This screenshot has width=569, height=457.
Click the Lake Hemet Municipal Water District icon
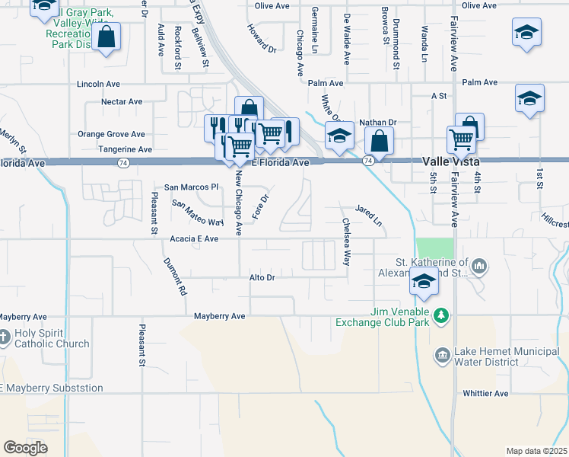(x=443, y=356)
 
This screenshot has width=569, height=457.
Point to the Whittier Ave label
(x=485, y=394)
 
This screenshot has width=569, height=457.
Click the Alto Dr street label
(x=262, y=278)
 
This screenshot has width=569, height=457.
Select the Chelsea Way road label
(x=347, y=241)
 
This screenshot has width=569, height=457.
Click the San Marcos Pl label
(x=192, y=187)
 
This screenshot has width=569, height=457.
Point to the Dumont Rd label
(x=173, y=276)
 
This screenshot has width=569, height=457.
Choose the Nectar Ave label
(x=122, y=101)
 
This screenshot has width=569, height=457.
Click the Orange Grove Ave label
(x=111, y=134)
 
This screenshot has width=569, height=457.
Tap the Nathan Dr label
(x=379, y=122)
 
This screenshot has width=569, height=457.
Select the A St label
(x=438, y=96)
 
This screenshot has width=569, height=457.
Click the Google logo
(x=25, y=448)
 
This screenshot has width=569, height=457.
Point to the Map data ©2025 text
(x=536, y=451)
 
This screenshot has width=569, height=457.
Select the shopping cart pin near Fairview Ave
(x=461, y=139)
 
